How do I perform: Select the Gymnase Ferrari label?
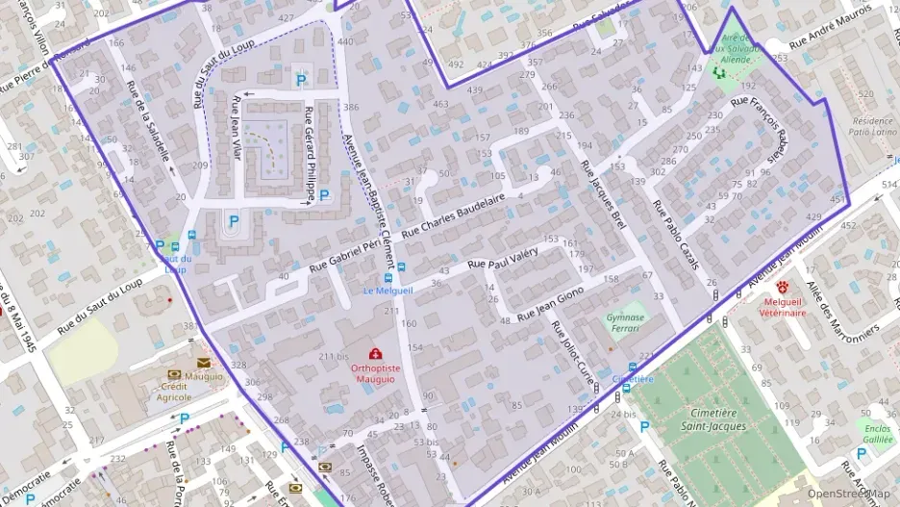(x=626, y=322)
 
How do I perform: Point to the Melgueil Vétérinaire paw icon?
(x=783, y=286)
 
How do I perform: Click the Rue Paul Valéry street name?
(x=500, y=262)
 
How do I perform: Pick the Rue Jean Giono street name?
(x=550, y=304)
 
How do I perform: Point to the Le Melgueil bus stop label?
(x=387, y=291)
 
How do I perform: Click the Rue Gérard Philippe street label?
(x=310, y=153)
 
